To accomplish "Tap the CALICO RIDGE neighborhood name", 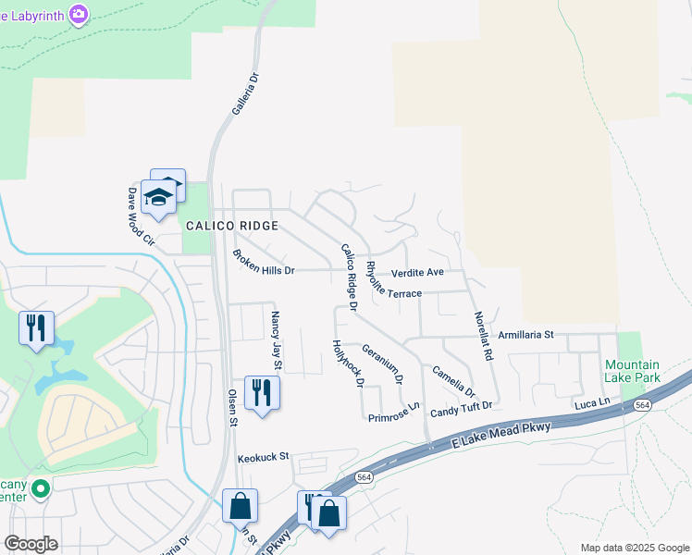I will (x=232, y=227).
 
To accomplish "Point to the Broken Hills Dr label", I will (x=263, y=263).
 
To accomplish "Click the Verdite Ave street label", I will (x=417, y=273).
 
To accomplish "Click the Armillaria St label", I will (x=525, y=335).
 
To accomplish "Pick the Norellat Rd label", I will (x=481, y=335).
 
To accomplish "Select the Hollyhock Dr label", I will (x=349, y=363).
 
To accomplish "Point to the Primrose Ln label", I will (x=394, y=413).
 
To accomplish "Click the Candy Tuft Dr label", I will (x=461, y=407).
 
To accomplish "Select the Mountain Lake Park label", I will (x=632, y=371).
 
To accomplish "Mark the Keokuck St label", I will (x=264, y=457).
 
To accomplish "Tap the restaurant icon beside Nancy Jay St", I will (x=262, y=392).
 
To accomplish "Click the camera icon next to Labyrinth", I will (x=80, y=13).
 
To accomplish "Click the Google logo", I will (x=31, y=544).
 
